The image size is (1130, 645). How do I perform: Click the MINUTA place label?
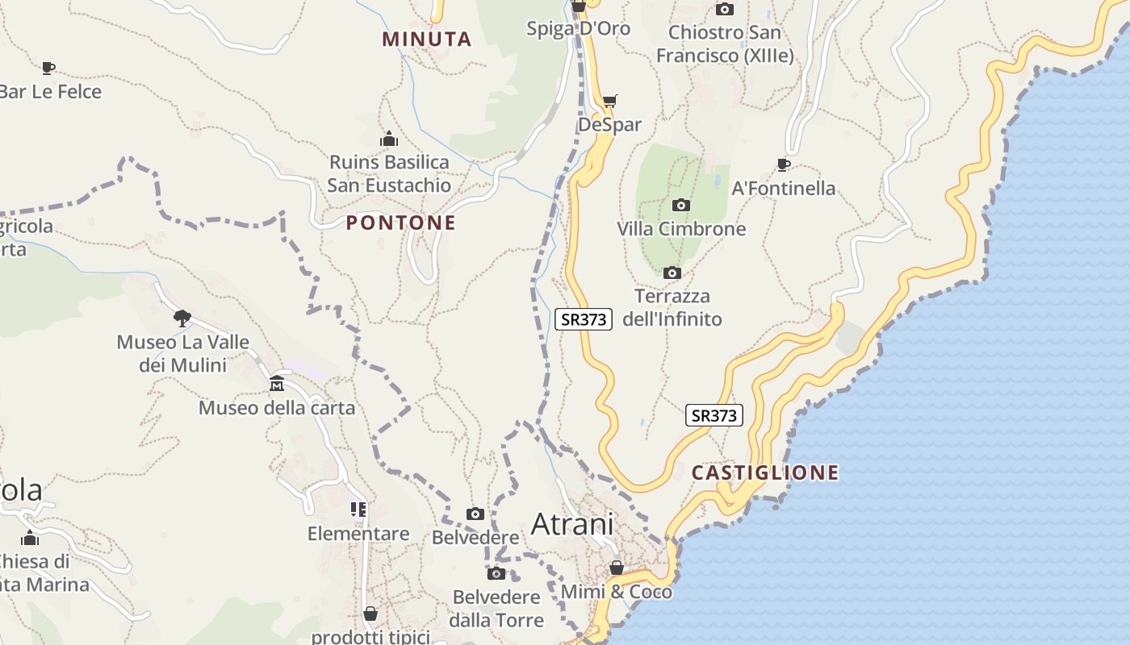426,39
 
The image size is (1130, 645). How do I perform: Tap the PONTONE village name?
401,223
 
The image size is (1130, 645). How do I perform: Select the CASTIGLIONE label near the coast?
765,472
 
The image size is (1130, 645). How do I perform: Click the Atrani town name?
572,524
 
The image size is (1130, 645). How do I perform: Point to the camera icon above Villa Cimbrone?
681,205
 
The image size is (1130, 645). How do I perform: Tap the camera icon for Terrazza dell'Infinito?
672,273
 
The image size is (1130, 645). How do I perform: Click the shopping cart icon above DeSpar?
609,101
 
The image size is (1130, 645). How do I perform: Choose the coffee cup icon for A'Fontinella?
783,164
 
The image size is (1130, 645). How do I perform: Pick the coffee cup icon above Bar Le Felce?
48,68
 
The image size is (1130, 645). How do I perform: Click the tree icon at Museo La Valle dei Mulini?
182,318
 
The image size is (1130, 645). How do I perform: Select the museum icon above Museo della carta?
277,382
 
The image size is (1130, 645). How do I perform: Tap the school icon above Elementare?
358,509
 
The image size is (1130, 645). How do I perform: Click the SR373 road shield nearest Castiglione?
714,415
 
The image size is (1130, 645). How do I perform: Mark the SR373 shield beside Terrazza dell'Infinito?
584,318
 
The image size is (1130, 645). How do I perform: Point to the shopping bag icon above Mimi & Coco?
617,568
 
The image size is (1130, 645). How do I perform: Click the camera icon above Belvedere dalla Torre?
496,573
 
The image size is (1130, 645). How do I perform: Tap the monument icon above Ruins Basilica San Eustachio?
389,139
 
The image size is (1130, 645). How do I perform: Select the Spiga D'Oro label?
578,29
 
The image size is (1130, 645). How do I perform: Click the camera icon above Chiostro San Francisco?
725,10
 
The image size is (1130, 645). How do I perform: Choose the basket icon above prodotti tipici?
370,614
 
